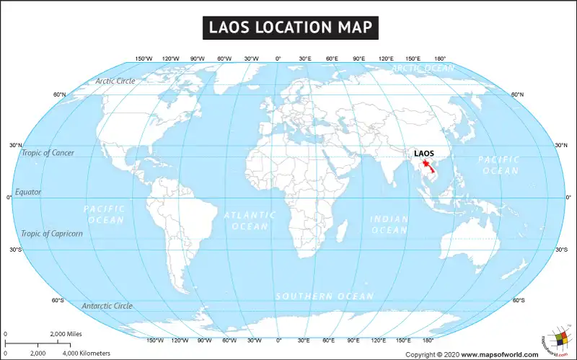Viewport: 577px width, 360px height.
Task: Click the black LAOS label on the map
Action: pos(423,154)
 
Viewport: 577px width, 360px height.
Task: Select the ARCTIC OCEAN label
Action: pos(423,68)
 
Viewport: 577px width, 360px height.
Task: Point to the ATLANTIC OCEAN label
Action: pos(250,221)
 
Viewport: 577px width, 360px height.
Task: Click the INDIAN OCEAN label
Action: pos(389,224)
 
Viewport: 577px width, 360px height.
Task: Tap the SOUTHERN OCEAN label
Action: pos(325,297)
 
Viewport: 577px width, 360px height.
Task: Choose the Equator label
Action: pos(29,192)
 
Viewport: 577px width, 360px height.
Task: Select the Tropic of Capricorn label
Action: pos(52,234)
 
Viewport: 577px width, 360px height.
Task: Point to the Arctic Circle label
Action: pos(115,81)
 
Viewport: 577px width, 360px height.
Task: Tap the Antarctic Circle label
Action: pos(107,306)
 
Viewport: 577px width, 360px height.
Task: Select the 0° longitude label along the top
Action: pos(278,58)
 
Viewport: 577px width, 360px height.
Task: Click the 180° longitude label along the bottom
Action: pos(428,340)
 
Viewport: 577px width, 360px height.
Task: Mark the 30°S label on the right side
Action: pos(561,250)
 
